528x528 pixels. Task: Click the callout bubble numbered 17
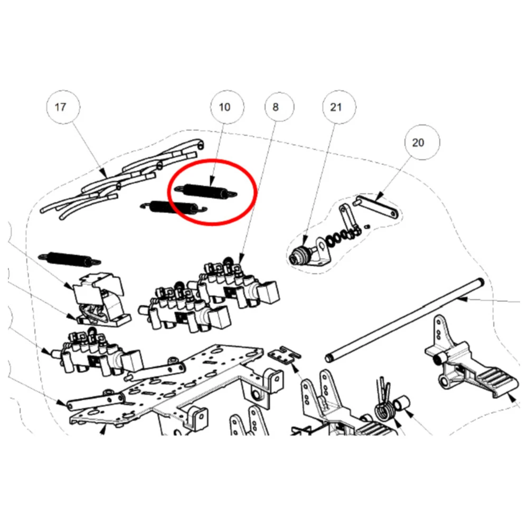pos(63,107)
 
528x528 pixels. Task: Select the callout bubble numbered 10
pos(227,107)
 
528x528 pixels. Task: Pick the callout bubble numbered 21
pos(339,107)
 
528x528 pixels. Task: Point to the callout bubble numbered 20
pos(422,143)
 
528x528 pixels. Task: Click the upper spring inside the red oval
pos(205,191)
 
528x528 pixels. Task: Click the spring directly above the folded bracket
pos(70,259)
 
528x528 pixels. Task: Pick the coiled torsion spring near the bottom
pos(384,407)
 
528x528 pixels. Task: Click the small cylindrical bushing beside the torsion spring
pos(402,403)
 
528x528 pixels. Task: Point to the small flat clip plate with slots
pos(285,354)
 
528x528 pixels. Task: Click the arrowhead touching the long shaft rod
pos(463,299)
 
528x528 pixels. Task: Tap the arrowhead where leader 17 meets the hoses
pos(105,174)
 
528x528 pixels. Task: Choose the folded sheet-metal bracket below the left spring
pos(101,299)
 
